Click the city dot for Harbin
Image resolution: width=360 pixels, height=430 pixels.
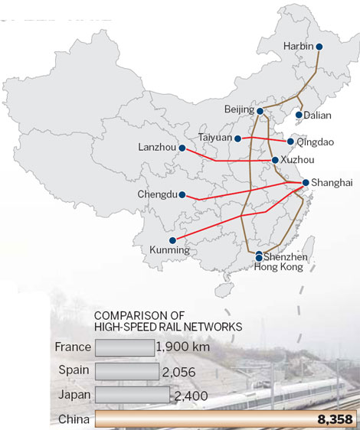pos(319,47)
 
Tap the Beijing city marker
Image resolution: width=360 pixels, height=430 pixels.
pos(259,111)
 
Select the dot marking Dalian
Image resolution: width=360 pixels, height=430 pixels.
pos(298,116)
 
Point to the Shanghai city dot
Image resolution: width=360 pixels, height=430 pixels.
pos(305,182)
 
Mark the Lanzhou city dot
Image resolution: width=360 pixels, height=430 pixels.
pos(182,147)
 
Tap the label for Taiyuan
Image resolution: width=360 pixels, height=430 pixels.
pos(214,138)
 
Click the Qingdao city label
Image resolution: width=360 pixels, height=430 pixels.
pos(316,142)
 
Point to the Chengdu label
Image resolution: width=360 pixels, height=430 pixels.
pos(157,194)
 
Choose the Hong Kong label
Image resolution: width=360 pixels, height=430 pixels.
pos(278,267)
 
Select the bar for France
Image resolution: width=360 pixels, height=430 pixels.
pos(124,347)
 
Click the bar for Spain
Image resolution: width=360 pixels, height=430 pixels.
pos(128,371)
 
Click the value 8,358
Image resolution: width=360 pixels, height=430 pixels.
pos(334,419)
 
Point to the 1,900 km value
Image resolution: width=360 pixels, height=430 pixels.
pos(182,347)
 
